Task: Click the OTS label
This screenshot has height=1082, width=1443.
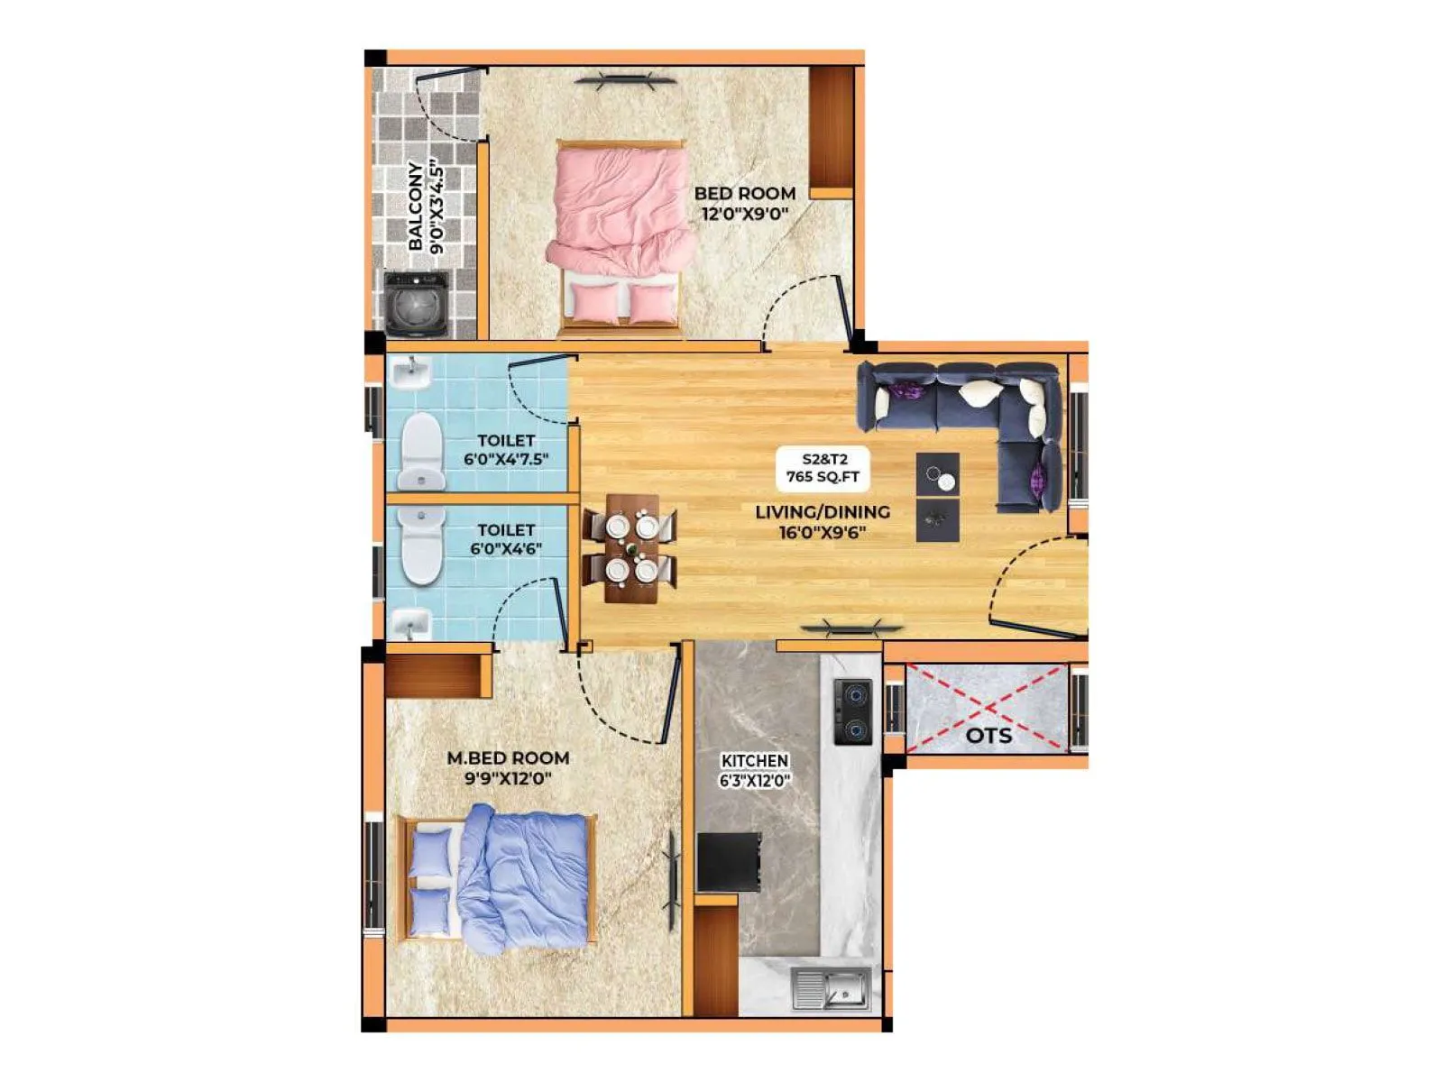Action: tap(988, 735)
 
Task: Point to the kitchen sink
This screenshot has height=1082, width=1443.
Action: tap(831, 988)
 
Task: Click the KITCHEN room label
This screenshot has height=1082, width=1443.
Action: tap(755, 761)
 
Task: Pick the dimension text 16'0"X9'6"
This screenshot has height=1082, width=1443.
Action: tap(823, 532)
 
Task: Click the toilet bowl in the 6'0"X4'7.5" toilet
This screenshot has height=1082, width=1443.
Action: tap(421, 449)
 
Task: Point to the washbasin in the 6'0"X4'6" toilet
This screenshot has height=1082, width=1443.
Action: tap(412, 621)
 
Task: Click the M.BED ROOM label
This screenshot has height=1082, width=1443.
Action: tap(508, 758)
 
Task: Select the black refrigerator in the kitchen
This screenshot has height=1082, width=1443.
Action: tap(729, 862)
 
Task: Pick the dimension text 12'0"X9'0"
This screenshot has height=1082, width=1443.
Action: tap(745, 214)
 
